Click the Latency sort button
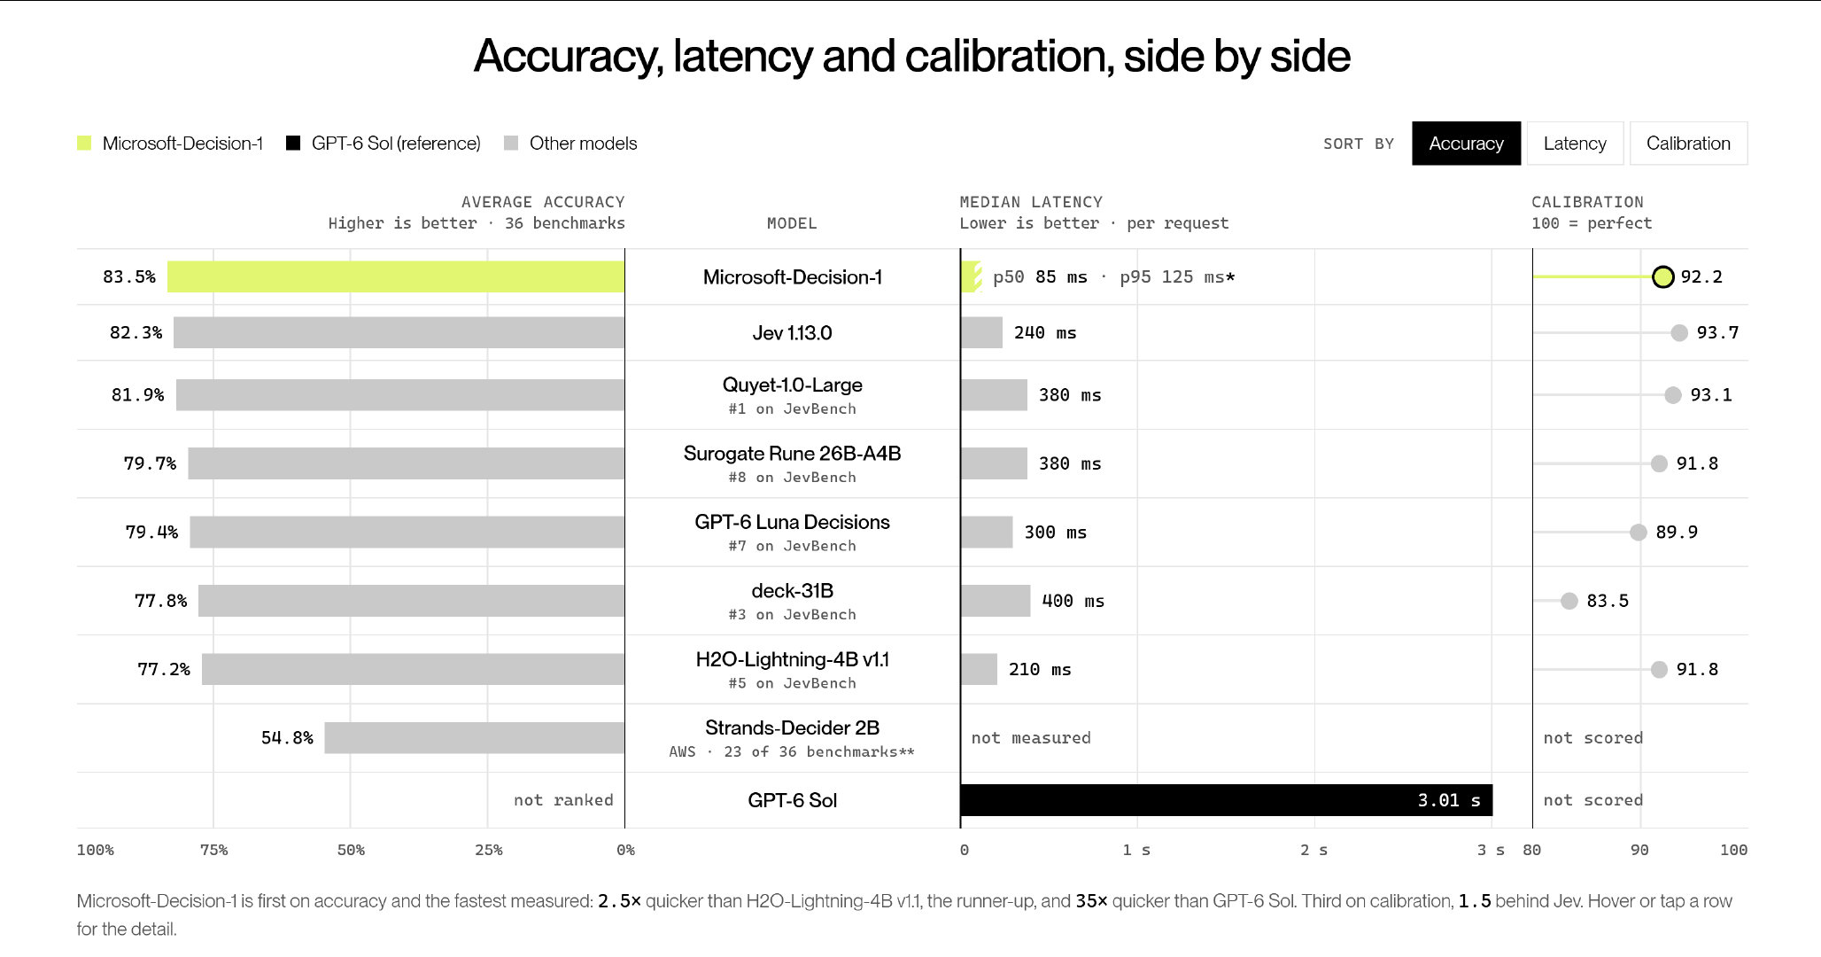tap(1575, 144)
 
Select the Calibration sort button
tap(1688, 144)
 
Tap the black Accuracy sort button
tap(1466, 144)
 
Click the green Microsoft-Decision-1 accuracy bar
tap(396, 276)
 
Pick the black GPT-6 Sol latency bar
tap(1227, 800)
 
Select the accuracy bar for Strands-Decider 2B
tap(475, 737)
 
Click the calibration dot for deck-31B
tap(1569, 601)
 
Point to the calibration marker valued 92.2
tap(1663, 276)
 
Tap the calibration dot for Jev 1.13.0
tap(1679, 332)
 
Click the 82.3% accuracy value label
tap(136, 332)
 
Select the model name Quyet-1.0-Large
tap(793, 385)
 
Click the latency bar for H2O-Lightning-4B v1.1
tap(979, 669)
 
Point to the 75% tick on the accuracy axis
tap(213, 850)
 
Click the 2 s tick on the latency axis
tap(1313, 850)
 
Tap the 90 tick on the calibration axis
tap(1639, 850)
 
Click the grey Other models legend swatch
tap(511, 143)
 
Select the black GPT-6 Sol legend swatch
tap(293, 143)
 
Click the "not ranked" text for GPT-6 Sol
tap(563, 800)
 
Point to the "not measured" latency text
tap(1031, 737)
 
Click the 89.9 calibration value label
tap(1677, 532)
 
